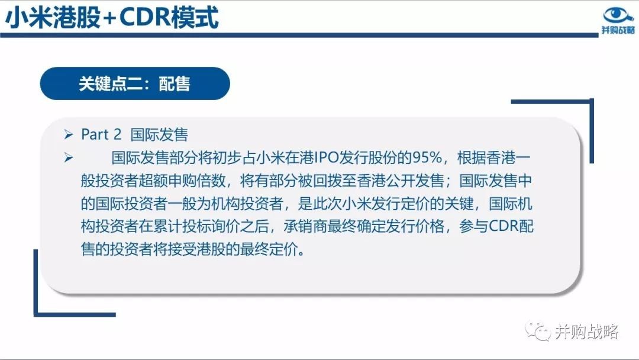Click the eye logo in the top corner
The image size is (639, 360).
(618, 15)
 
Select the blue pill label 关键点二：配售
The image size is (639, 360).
(135, 83)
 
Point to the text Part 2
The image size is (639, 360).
(101, 134)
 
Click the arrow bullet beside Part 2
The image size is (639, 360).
(69, 134)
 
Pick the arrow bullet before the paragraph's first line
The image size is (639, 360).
(69, 157)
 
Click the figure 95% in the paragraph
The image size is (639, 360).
(427, 157)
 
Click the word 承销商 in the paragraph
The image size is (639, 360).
(305, 226)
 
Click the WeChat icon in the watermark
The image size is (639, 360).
(537, 331)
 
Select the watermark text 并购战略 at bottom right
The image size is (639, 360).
(586, 332)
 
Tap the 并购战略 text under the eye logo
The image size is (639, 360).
(618, 30)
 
